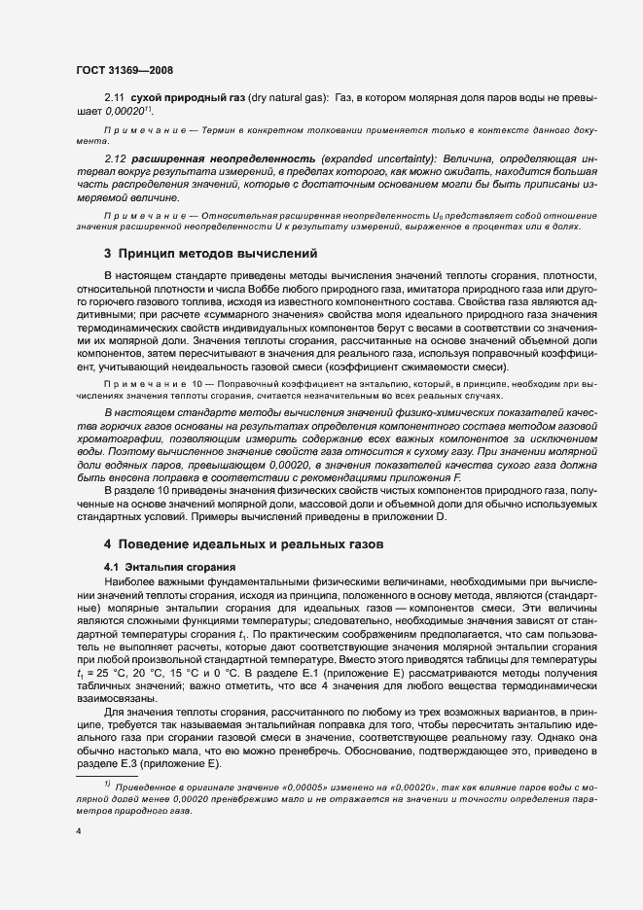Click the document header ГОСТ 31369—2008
[x=124, y=70]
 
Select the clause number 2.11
[x=115, y=99]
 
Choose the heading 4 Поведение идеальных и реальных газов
[x=245, y=544]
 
